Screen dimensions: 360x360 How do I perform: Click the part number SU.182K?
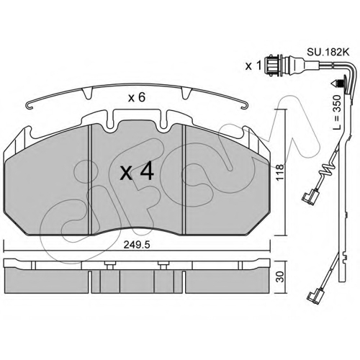(x=328, y=53)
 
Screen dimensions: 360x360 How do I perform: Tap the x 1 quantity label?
(x=253, y=66)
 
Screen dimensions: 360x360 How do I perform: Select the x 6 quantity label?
(x=137, y=98)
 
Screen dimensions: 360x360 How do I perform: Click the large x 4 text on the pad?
(x=137, y=171)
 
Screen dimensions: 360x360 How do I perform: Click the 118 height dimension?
(x=279, y=173)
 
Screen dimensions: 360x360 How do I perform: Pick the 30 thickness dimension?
(x=279, y=276)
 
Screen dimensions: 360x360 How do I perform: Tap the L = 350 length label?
(x=337, y=112)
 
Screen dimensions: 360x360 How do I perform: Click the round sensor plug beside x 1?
(x=271, y=66)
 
